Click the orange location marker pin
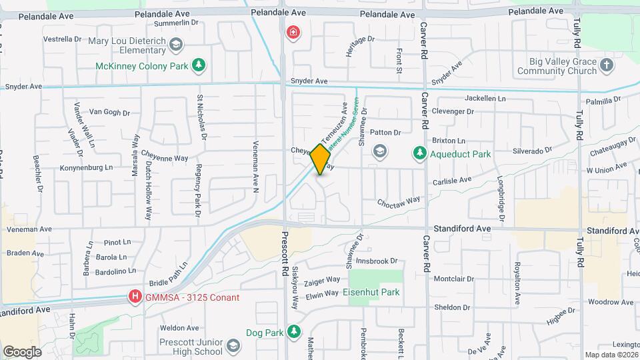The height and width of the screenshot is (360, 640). (x=321, y=159)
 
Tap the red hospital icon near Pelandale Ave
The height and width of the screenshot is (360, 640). (x=292, y=32)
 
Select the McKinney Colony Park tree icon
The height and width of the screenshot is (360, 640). (x=198, y=65)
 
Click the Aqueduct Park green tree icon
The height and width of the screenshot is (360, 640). (x=420, y=154)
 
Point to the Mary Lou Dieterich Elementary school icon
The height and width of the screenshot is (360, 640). (x=176, y=45)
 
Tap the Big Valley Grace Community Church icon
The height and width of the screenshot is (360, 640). (x=606, y=65)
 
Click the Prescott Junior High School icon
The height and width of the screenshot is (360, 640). (x=233, y=346)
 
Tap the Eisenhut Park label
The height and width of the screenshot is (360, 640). (x=371, y=292)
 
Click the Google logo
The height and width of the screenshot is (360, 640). (x=22, y=352)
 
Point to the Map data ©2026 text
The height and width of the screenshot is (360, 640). (x=612, y=355)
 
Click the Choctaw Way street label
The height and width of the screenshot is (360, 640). (x=399, y=200)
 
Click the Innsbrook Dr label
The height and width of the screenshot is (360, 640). (x=377, y=261)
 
